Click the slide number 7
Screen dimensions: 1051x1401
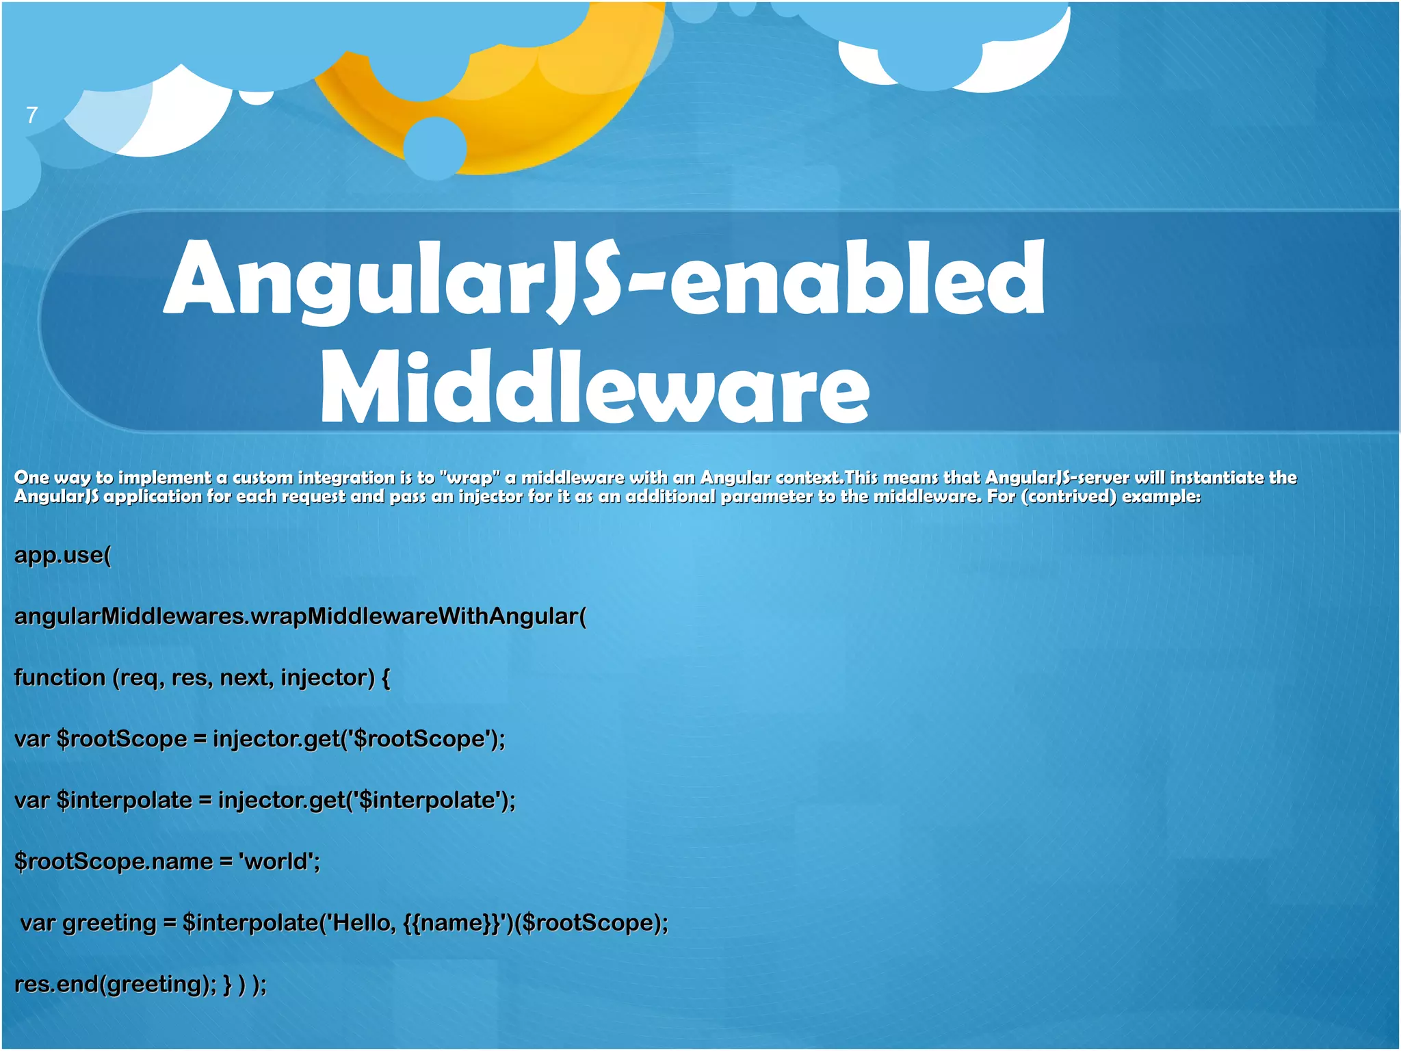point(31,115)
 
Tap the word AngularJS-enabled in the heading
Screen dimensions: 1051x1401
point(604,279)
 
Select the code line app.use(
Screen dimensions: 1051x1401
point(62,555)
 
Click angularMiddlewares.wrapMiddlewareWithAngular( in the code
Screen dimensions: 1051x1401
point(300,617)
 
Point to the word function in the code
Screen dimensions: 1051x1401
point(60,677)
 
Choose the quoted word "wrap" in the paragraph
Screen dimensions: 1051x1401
point(470,478)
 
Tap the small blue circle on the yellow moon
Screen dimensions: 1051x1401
point(435,147)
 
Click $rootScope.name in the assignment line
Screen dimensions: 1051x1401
point(114,861)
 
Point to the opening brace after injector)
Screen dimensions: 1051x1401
point(386,678)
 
